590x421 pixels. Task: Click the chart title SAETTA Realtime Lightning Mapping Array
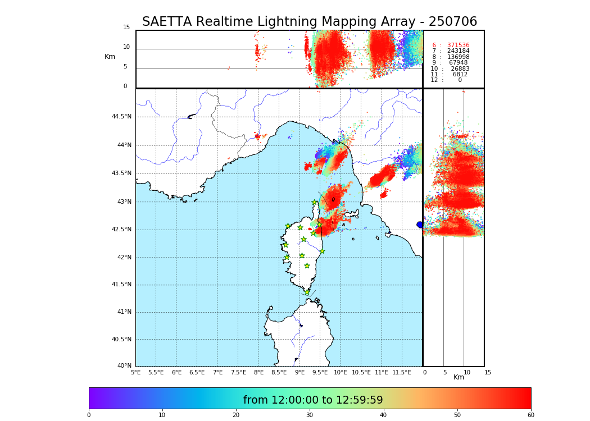tap(309, 22)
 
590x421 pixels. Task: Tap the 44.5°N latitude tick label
tap(121, 117)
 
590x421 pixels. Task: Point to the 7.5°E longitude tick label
tap(238, 372)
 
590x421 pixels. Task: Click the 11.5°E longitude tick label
tap(402, 372)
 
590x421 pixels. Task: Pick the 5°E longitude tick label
tap(135, 372)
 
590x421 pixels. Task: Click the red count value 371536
tap(458, 45)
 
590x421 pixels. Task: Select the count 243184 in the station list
tap(458, 51)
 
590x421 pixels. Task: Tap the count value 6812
tap(460, 75)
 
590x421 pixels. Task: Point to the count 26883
tap(460, 69)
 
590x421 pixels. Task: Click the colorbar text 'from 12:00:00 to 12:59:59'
tap(313, 400)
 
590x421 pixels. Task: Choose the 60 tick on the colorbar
tap(530, 415)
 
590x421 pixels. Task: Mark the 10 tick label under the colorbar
tap(162, 415)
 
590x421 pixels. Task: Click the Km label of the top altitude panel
tap(110, 57)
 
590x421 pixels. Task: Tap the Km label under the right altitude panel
tap(459, 377)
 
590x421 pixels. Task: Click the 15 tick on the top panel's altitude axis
tap(126, 28)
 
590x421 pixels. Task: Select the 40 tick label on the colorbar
tap(383, 415)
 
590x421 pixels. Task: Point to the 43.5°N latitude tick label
tap(121, 173)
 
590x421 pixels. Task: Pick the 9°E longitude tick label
tap(299, 372)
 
